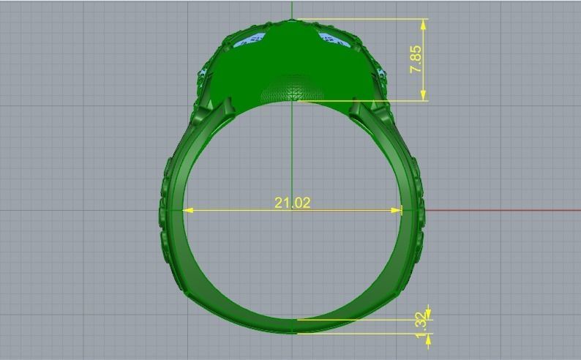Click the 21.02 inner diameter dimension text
pyautogui.click(x=292, y=202)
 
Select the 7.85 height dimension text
pyautogui.click(x=416, y=59)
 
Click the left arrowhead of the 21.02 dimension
pyautogui.click(x=187, y=210)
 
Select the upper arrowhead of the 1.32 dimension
pyautogui.click(x=429, y=315)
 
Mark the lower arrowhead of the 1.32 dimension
pyautogui.click(x=429, y=337)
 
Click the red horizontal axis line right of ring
pyautogui.click(x=505, y=210)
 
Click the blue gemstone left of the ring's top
pyautogui.click(x=255, y=40)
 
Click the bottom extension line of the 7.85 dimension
pyautogui.click(x=366, y=101)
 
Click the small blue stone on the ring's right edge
pyautogui.click(x=381, y=72)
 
